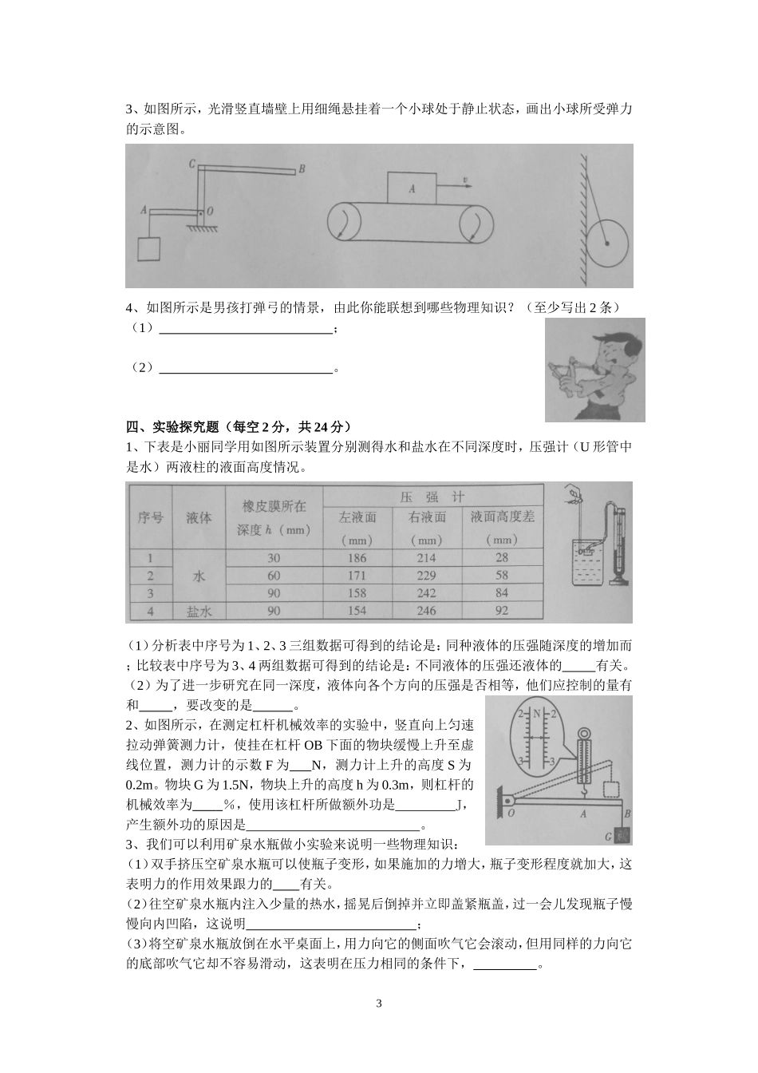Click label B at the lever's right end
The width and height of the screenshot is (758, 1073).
click(x=301, y=168)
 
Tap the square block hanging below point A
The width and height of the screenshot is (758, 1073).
click(x=149, y=249)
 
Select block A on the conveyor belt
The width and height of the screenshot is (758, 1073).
click(x=412, y=189)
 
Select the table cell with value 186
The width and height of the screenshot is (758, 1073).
click(x=357, y=558)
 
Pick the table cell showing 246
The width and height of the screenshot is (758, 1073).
click(x=426, y=611)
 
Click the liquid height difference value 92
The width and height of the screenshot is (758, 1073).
click(x=501, y=611)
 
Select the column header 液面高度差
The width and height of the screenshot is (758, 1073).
click(x=502, y=517)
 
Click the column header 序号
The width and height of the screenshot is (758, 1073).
click(x=150, y=517)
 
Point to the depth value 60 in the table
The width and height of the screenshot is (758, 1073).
click(x=274, y=576)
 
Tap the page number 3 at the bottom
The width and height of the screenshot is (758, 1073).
click(x=379, y=1003)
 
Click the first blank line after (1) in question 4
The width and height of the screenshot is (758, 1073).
click(x=246, y=330)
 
